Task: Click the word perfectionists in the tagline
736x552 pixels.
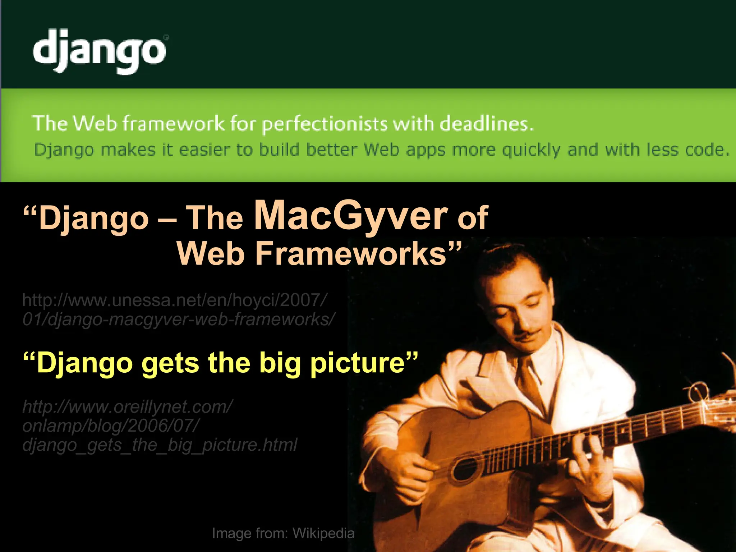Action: click(325, 124)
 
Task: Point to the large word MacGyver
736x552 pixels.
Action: click(351, 216)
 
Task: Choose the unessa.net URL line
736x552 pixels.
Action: click(175, 300)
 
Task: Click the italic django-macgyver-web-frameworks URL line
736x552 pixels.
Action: click(179, 319)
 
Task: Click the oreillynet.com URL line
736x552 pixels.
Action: click(128, 407)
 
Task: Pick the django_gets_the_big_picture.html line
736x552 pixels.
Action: click(160, 445)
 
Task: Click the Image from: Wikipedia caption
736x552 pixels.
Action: click(283, 533)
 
